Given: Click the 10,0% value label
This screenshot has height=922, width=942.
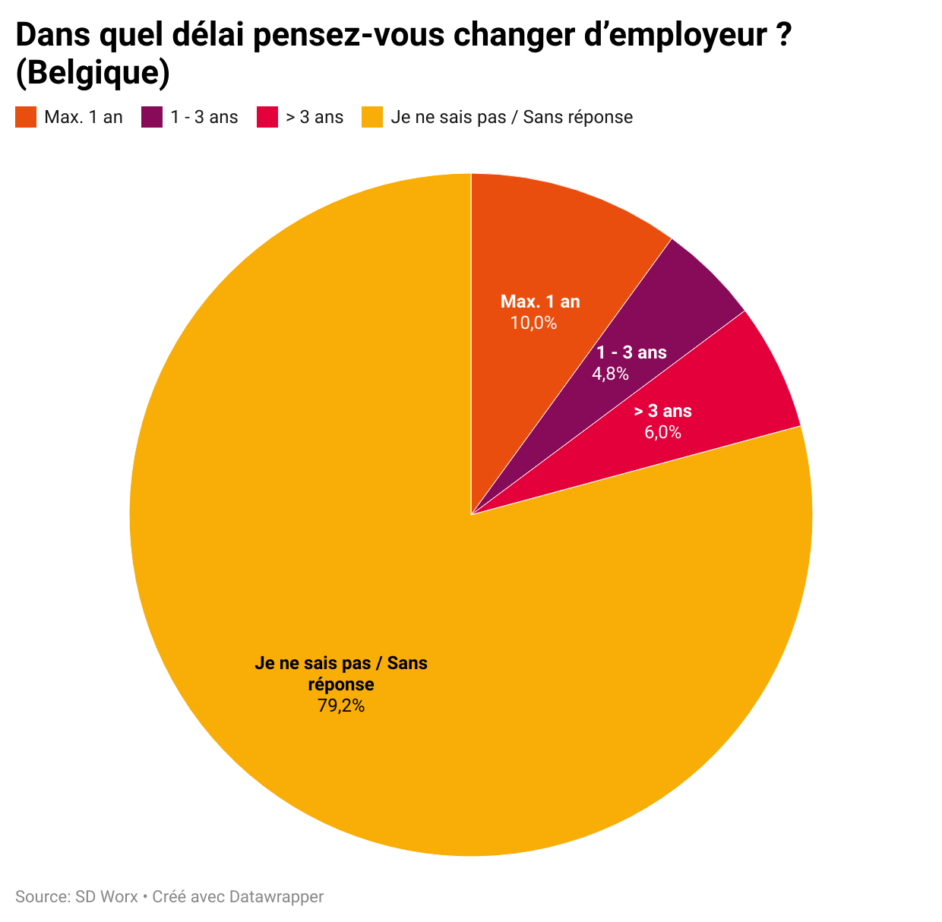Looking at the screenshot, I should (533, 323).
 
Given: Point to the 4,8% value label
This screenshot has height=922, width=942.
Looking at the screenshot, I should (610, 373).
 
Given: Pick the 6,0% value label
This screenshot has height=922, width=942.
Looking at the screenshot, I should (662, 432).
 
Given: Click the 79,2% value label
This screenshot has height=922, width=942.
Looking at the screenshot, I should (341, 706).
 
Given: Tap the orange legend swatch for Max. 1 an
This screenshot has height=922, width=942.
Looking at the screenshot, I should (26, 117).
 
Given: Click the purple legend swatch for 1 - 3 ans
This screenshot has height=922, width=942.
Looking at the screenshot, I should (152, 117).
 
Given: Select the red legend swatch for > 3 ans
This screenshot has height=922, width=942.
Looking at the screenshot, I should (267, 117).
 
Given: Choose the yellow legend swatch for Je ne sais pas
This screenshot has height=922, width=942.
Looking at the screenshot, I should (372, 117).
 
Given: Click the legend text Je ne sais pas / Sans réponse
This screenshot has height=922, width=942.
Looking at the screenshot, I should (511, 117).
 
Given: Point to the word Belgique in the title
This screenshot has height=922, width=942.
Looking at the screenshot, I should (92, 73).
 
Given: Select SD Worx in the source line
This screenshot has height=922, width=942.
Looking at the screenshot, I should (106, 896).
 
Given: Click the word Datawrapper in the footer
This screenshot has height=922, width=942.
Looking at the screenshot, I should (277, 896).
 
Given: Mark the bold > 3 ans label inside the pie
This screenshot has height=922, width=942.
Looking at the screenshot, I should (663, 411).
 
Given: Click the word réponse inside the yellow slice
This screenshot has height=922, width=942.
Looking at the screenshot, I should (341, 684).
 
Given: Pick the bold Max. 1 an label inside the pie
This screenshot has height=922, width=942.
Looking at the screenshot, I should (540, 302).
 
